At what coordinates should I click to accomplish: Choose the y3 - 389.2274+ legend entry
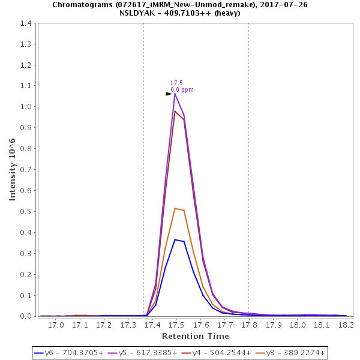coord(291,353)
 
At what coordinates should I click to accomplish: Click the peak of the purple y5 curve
coord(175,94)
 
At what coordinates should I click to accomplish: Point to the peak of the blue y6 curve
coord(175,239)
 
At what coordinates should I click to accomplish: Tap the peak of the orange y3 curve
coord(175,208)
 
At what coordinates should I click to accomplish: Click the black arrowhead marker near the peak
coord(169,94)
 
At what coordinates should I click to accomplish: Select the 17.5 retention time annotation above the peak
coord(176,83)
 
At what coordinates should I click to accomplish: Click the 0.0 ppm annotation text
coord(182,90)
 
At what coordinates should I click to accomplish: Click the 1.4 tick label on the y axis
coord(26,23)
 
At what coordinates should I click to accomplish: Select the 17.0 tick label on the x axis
coord(56,325)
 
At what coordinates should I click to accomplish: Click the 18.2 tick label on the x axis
coord(346,325)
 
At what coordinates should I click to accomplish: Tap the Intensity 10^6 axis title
coord(13,169)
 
